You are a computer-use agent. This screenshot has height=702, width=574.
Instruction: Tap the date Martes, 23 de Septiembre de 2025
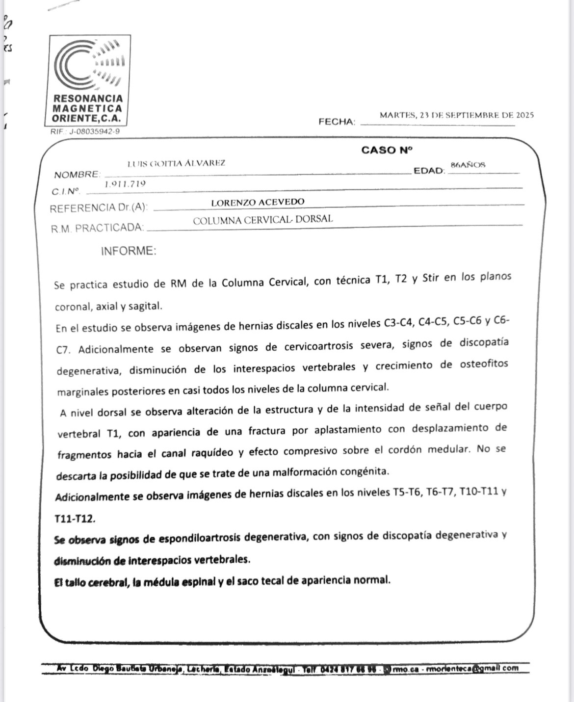pos(456,116)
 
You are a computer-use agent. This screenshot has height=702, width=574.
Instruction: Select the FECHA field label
pos(337,122)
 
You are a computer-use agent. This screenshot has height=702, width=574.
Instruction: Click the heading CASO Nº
pos(387,150)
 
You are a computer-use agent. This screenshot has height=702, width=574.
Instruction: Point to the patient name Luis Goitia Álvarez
pos(176,163)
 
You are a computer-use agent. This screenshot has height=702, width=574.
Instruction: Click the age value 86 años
pos(468,165)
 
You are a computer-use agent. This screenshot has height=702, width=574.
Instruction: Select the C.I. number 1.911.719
pos(125,184)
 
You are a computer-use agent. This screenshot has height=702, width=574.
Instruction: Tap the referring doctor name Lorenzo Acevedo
pos(258,202)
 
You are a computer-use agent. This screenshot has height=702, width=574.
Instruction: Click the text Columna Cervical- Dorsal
pos(262,220)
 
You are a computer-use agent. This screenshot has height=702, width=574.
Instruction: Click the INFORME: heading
pos(129,251)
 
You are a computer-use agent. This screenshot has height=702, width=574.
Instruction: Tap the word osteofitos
pos(484,364)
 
